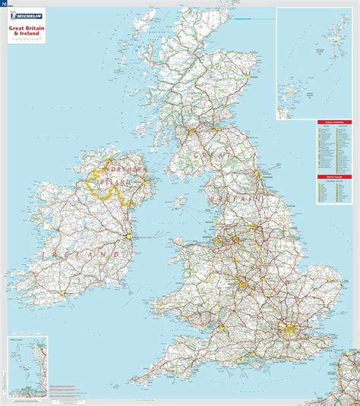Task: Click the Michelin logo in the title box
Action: pos(26,16)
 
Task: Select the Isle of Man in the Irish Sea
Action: pos(179,203)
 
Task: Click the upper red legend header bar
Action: pos(333,121)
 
